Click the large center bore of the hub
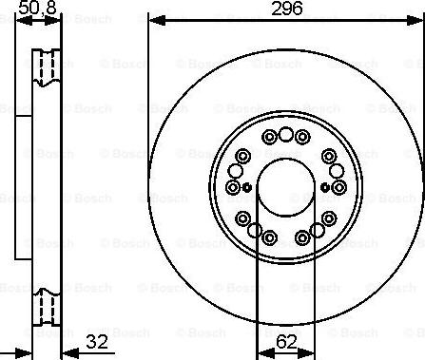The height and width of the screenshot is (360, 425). pos(286,186)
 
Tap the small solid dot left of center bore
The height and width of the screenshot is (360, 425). pos(245,186)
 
